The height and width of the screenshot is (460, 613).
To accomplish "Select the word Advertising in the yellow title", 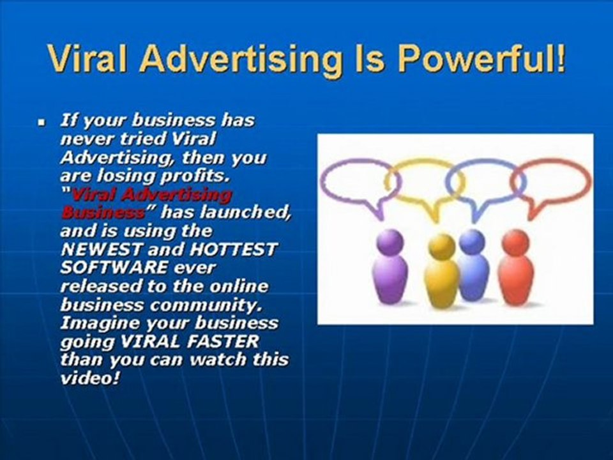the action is tap(241, 59).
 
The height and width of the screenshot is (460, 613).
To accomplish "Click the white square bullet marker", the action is tap(42, 123).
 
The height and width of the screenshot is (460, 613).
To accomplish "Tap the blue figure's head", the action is tap(472, 241).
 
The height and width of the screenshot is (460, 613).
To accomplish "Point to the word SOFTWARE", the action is tap(114, 268).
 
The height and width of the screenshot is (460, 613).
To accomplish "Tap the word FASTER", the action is tap(223, 341).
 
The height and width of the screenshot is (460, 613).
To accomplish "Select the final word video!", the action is tap(90, 378).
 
